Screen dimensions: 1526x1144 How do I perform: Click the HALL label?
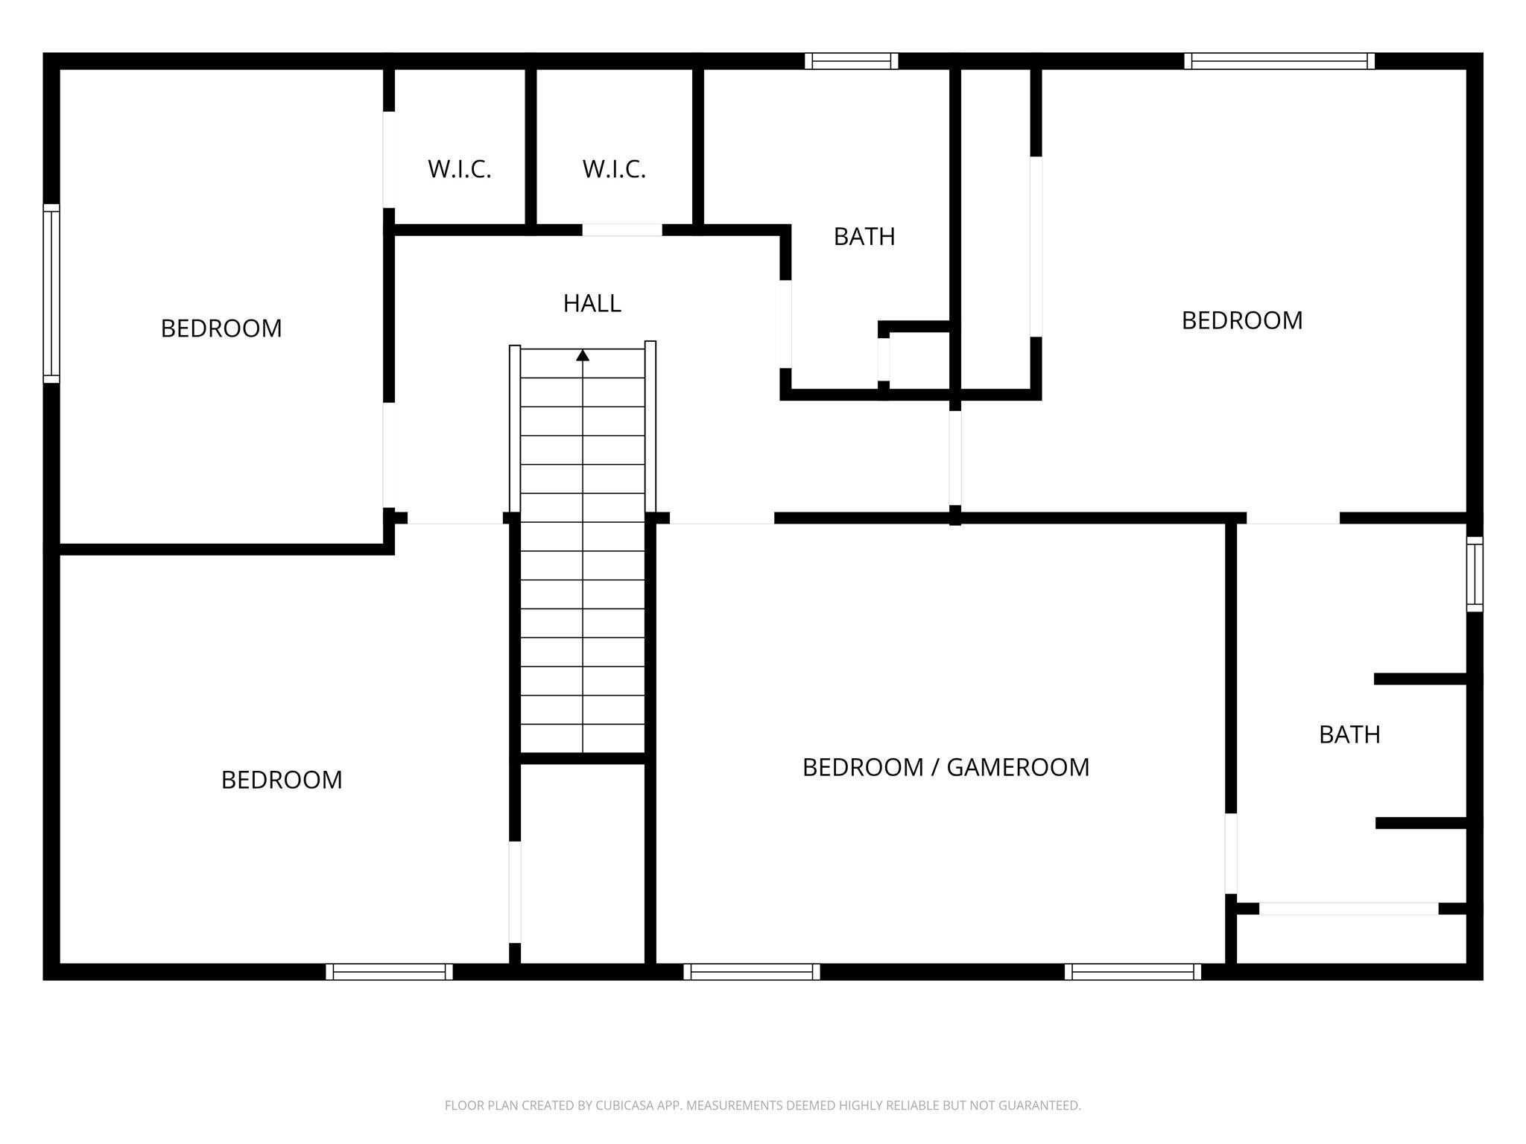coord(592,303)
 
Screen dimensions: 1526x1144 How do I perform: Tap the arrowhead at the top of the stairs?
coord(583,355)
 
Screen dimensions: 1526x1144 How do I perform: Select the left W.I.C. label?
coord(459,169)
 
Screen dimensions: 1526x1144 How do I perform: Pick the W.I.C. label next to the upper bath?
coord(614,169)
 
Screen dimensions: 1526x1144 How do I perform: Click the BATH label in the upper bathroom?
coord(864,236)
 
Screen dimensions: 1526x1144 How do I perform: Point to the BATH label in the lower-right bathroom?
coord(1349,734)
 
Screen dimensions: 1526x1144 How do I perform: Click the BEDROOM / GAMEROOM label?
coord(946,767)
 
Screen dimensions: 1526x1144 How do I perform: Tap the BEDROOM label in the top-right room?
coord(1242,320)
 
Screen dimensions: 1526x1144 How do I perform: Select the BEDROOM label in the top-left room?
coord(221,328)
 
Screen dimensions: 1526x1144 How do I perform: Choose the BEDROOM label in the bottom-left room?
coord(282,780)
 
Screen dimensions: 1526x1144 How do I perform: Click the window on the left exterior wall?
coord(51,293)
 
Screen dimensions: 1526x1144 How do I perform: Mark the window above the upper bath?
coord(851,61)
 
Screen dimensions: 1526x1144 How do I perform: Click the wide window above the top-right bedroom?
coord(1279,61)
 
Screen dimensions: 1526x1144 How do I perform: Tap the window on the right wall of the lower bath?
coord(1475,574)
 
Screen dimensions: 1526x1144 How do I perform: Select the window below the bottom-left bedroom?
coord(389,972)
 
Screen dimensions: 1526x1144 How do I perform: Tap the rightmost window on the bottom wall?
coord(1133,972)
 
